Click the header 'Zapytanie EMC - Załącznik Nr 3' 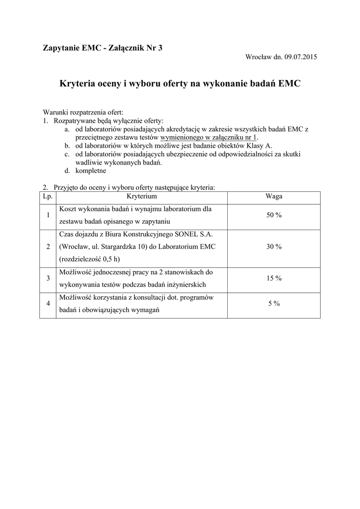pyautogui.click(x=103, y=48)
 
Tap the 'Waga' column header pyautogui.click(x=274, y=197)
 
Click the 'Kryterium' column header pyautogui.click(x=142, y=197)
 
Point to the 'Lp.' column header pyautogui.click(x=48, y=197)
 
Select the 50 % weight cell pyautogui.click(x=274, y=215)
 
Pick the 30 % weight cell pyautogui.click(x=274, y=247)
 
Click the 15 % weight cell pyautogui.click(x=274, y=278)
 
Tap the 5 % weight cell pyautogui.click(x=274, y=303)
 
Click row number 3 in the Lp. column pyautogui.click(x=48, y=278)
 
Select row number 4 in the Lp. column pyautogui.click(x=48, y=303)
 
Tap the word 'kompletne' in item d pyautogui.click(x=91, y=170)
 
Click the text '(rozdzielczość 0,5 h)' pyautogui.click(x=90, y=259)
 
